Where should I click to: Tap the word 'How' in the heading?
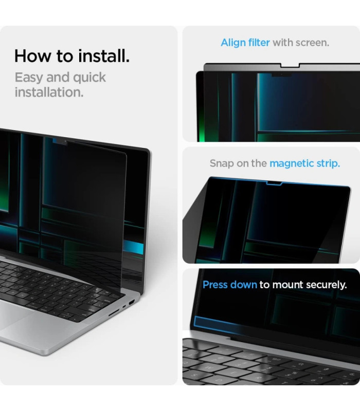click(x=32, y=56)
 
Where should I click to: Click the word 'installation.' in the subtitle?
click(x=49, y=92)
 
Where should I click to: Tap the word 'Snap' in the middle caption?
click(x=222, y=164)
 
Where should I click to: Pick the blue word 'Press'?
click(x=215, y=285)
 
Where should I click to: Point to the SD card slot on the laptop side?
click(x=114, y=313)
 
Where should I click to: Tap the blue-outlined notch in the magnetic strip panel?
click(x=274, y=183)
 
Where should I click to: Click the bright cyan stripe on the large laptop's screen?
click(x=133, y=247)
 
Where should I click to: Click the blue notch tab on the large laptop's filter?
click(x=60, y=142)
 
